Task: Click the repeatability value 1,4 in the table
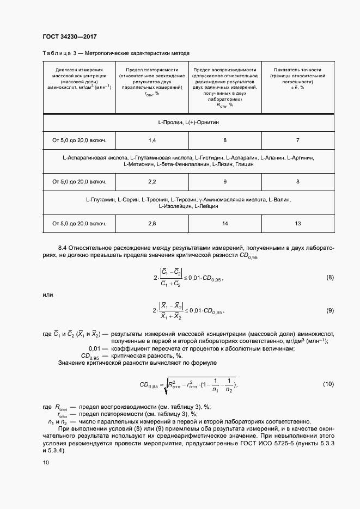(x=152, y=140)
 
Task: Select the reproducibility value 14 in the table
(x=225, y=223)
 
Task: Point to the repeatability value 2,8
(x=152, y=223)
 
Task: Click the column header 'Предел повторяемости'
(x=152, y=70)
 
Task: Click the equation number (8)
(x=330, y=278)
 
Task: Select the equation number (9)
(x=330, y=310)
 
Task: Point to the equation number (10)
(x=328, y=384)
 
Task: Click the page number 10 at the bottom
(x=46, y=463)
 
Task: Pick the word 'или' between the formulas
(x=48, y=295)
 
